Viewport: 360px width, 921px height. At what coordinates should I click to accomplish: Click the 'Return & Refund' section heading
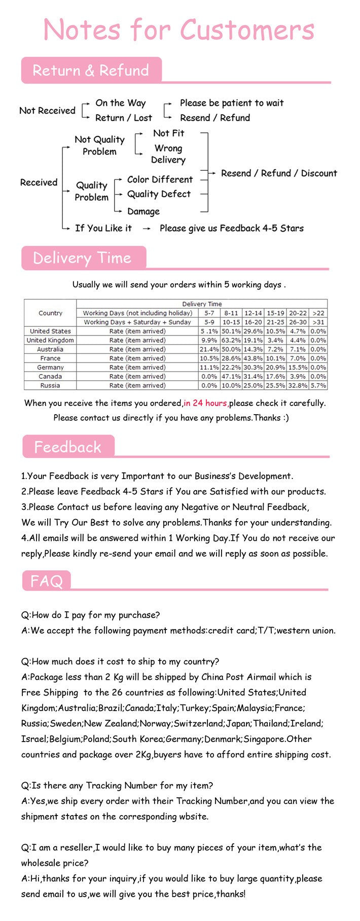tap(91, 70)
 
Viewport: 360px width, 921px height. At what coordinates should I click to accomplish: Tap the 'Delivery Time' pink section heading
tap(82, 258)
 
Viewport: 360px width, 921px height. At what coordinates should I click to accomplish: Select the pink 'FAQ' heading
tap(46, 581)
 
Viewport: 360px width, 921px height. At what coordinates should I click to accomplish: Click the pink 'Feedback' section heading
tap(67, 447)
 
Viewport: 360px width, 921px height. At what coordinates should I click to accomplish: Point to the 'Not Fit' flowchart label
tap(168, 133)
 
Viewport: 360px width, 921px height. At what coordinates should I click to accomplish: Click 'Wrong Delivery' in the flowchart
tap(168, 154)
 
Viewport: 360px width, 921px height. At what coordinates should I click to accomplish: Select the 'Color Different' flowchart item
tap(160, 179)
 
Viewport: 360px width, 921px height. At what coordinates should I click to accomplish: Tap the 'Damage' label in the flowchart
tap(143, 211)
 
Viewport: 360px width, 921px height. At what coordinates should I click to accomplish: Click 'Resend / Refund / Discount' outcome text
tap(279, 173)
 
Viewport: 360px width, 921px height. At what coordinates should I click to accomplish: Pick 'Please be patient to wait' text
tap(232, 103)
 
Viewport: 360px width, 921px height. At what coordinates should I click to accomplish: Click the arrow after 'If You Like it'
tap(147, 229)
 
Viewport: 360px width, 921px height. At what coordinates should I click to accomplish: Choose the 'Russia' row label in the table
tap(50, 385)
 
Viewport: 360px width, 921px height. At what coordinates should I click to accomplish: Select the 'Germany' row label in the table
tap(50, 367)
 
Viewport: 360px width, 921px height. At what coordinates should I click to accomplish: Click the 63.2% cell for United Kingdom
tap(231, 340)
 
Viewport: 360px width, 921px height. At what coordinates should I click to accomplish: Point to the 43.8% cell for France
tap(253, 358)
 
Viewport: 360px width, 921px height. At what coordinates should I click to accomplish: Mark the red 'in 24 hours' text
tap(205, 403)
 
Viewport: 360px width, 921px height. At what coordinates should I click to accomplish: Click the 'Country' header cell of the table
tap(50, 313)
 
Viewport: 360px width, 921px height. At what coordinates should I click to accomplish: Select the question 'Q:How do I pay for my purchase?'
tap(90, 615)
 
